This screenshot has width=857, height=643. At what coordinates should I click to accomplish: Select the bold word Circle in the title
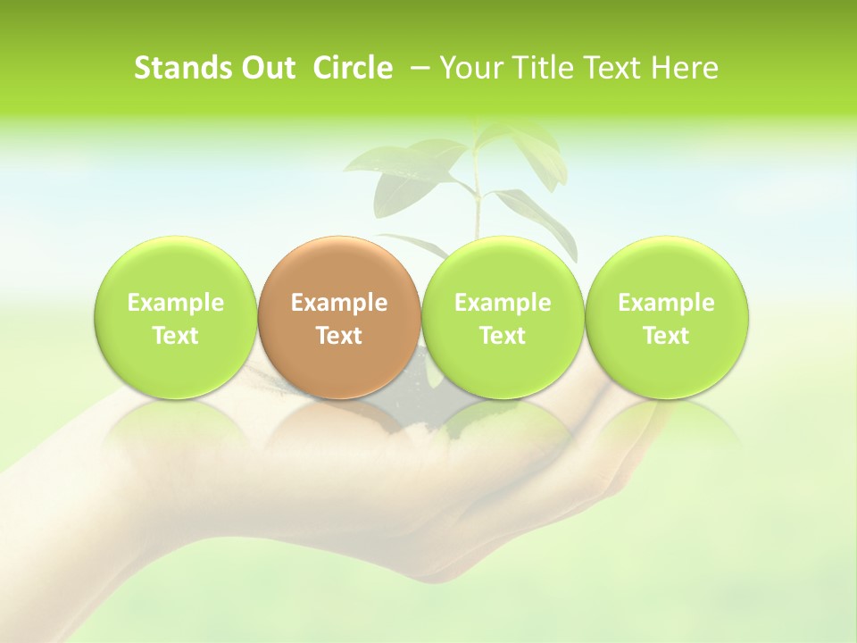(353, 68)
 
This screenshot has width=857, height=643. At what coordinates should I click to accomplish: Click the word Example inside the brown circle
(338, 303)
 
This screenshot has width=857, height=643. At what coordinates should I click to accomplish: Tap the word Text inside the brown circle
(338, 336)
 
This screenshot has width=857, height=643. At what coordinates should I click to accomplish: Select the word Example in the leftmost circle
(175, 303)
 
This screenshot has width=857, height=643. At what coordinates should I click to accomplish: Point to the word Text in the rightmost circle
(666, 336)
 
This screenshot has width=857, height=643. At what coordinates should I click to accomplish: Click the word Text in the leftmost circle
(175, 336)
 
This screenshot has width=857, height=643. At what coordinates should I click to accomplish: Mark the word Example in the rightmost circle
(666, 303)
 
